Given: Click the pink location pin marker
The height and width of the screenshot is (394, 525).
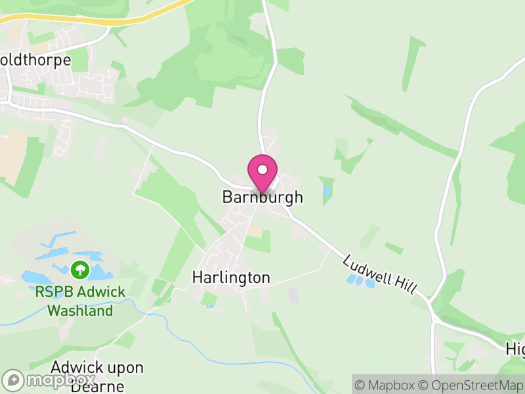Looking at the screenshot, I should [262, 173].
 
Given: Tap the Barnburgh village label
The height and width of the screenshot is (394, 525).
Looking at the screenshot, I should [262, 197].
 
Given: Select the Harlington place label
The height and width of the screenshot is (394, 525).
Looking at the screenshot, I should [231, 278].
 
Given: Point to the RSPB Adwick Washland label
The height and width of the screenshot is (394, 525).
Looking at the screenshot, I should [80, 301].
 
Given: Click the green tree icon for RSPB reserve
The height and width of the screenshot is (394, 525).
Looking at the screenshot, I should [80, 269].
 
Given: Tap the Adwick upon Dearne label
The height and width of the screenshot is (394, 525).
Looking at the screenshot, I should [96, 376].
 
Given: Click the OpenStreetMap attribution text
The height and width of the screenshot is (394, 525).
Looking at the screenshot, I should [471, 385].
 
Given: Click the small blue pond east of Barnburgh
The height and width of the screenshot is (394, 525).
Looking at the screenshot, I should [327, 191].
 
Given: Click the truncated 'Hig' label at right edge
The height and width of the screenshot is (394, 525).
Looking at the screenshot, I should [515, 348].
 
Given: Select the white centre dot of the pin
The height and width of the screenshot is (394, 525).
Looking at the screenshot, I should [262, 169].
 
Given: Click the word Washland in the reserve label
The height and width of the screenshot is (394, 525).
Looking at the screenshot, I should [80, 310].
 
